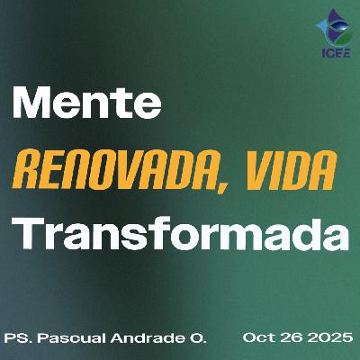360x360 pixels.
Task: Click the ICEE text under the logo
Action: [334, 51]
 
